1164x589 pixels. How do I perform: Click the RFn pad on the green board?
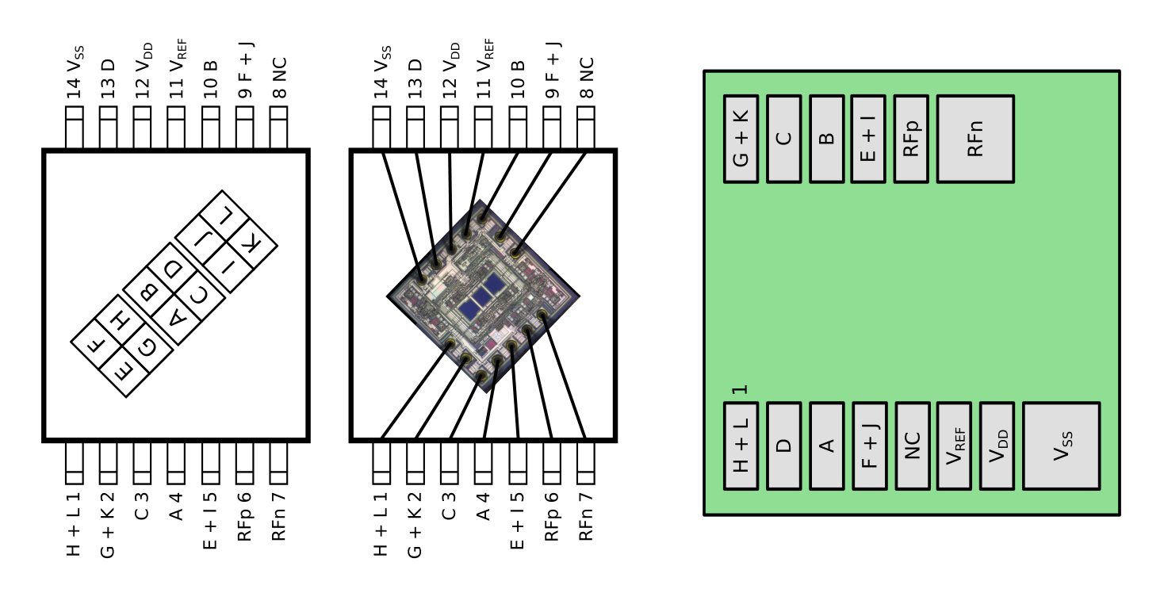974,139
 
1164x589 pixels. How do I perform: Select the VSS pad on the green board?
1061,446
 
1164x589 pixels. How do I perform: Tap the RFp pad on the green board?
911,139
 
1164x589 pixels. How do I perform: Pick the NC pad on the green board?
912,446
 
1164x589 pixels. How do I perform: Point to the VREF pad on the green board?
954,446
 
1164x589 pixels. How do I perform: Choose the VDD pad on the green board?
997,446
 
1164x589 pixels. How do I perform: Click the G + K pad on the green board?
741,139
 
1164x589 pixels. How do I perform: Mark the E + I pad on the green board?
868,139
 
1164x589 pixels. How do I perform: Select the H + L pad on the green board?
741,446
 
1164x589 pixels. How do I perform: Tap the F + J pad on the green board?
869,446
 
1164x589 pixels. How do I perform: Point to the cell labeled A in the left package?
179,318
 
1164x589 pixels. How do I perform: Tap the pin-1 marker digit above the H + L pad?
740,390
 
